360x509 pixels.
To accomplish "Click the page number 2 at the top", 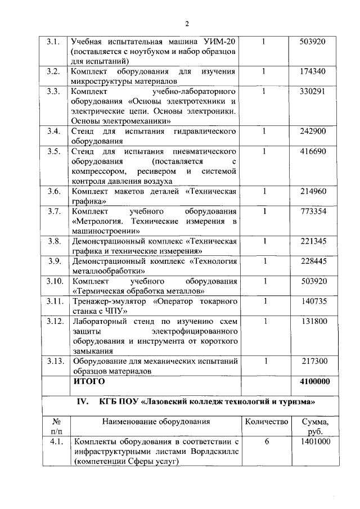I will (187, 23).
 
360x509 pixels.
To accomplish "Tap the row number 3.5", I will (54, 151).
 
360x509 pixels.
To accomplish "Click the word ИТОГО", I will (89, 381).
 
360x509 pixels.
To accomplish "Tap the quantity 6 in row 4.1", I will (267, 442).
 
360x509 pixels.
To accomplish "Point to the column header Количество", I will (267, 421).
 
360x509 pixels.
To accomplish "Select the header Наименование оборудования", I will (156, 421).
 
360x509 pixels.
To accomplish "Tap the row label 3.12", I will (53, 321).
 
